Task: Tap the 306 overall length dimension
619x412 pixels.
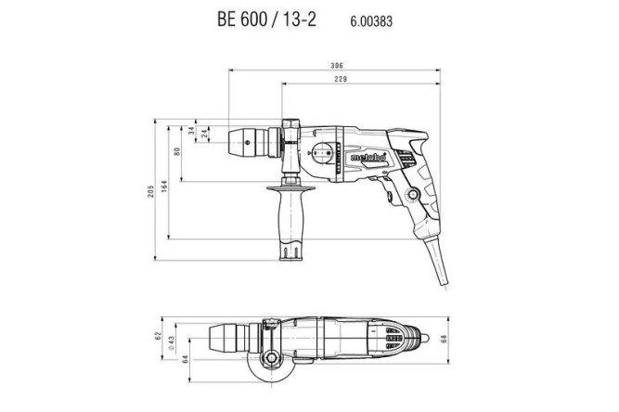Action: click(336, 66)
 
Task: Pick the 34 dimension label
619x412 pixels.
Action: click(192, 132)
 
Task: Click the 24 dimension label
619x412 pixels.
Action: click(204, 136)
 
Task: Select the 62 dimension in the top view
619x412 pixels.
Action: click(159, 336)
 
